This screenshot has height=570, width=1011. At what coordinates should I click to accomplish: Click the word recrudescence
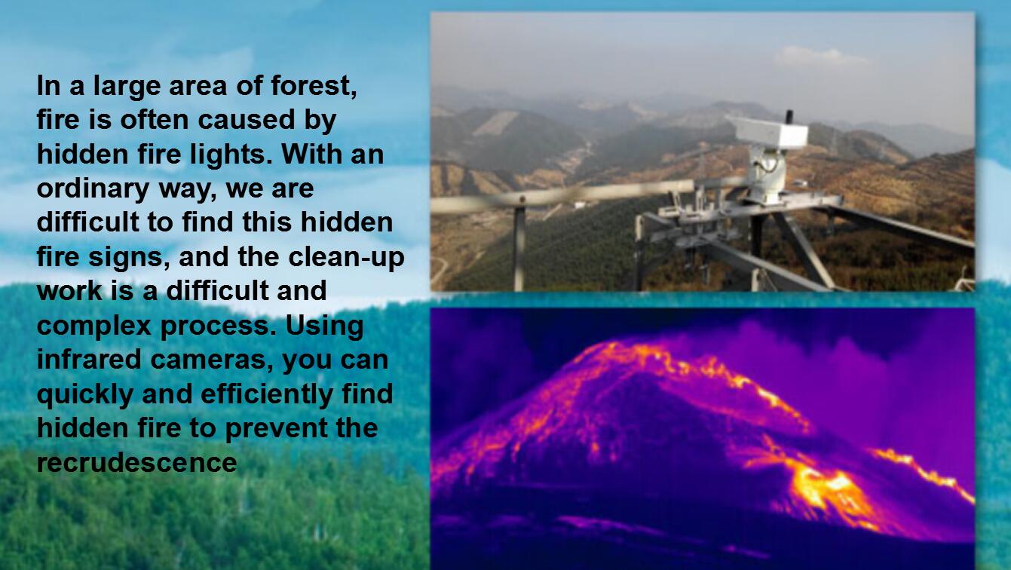(136, 461)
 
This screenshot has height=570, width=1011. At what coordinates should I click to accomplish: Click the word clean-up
(346, 256)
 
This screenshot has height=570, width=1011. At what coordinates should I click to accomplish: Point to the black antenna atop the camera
(789, 118)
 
